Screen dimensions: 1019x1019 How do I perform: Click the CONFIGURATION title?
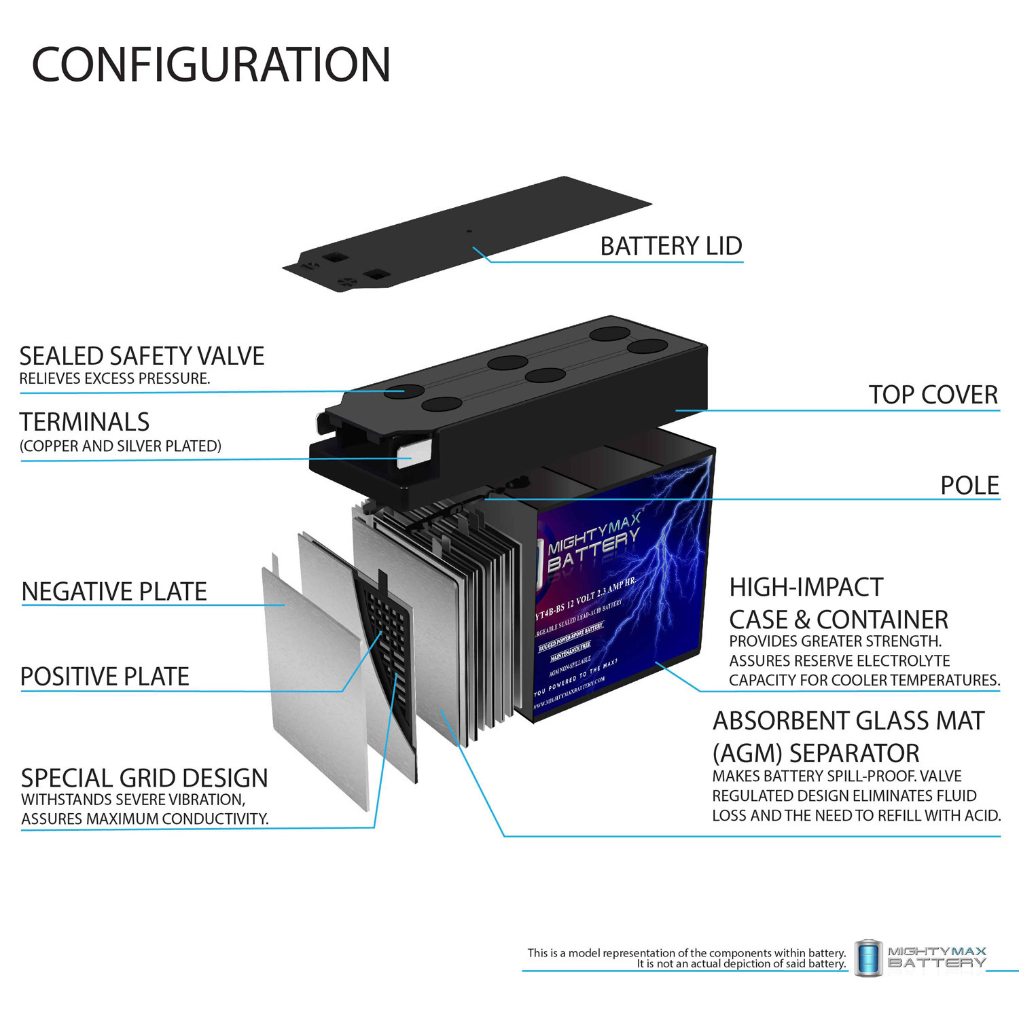tap(211, 65)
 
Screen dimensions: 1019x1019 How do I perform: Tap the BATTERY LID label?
tap(671, 246)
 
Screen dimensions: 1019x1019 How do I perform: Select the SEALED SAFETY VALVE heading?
tap(141, 356)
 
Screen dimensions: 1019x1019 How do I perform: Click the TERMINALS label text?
tap(84, 422)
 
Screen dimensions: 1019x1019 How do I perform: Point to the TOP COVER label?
tap(933, 395)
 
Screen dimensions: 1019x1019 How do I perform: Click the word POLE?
tap(969, 486)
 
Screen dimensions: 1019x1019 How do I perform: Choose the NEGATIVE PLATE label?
tap(114, 592)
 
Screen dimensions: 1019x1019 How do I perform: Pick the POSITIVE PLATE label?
tap(105, 677)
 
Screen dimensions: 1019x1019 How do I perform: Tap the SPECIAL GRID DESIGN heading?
tap(144, 778)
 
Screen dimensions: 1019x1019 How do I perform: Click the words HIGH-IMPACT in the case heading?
tap(806, 587)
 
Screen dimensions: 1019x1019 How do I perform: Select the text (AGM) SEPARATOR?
tap(815, 753)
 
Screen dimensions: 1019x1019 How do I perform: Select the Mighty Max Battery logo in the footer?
tap(921, 957)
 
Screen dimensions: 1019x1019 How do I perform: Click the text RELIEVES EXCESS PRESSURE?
tap(114, 378)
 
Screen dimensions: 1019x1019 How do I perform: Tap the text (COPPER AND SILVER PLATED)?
tap(120, 446)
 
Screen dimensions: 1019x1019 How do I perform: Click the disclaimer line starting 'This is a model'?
tap(686, 952)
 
